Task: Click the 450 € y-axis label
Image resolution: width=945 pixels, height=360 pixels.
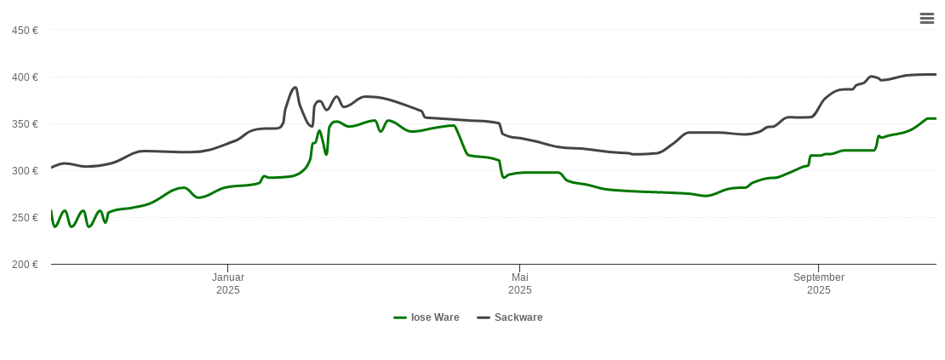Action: pyautogui.click(x=25, y=31)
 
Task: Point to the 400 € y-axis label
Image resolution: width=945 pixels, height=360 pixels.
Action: pyautogui.click(x=25, y=77)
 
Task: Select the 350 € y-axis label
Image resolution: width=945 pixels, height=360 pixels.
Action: pyautogui.click(x=25, y=124)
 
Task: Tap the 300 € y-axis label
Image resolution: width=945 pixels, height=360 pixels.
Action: pyautogui.click(x=25, y=171)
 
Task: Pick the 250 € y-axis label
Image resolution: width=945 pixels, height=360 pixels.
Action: pyautogui.click(x=25, y=218)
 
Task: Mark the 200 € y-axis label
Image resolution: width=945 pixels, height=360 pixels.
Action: pyautogui.click(x=25, y=265)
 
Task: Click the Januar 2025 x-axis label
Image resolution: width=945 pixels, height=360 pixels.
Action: pyautogui.click(x=227, y=283)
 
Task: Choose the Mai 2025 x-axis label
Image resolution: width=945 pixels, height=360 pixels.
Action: pyautogui.click(x=519, y=283)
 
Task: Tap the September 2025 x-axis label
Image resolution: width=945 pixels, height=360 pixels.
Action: pyautogui.click(x=818, y=283)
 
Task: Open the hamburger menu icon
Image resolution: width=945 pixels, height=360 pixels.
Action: pyautogui.click(x=927, y=19)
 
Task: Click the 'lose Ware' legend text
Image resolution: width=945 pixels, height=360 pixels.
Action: pyautogui.click(x=435, y=317)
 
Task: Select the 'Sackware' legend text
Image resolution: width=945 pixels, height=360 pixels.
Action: pyautogui.click(x=518, y=317)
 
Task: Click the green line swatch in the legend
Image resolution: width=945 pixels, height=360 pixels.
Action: pyautogui.click(x=400, y=317)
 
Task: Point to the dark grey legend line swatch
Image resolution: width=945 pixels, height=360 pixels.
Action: pyautogui.click(x=484, y=317)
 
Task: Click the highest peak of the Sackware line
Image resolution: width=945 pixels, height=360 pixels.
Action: pyautogui.click(x=295, y=87)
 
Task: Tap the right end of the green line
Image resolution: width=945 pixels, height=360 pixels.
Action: pyautogui.click(x=936, y=118)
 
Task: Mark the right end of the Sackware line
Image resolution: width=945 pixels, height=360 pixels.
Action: pyautogui.click(x=936, y=75)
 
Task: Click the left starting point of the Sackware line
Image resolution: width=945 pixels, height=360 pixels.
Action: pyautogui.click(x=52, y=167)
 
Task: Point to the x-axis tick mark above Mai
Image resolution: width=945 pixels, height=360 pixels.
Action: pyautogui.click(x=519, y=267)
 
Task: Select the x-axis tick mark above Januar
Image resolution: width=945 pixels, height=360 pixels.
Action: pyautogui.click(x=227, y=267)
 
